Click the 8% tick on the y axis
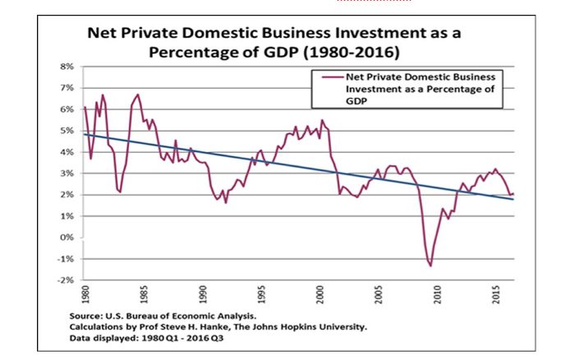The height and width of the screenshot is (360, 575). pos(67,66)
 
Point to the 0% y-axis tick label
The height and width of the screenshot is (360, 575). pos(67,238)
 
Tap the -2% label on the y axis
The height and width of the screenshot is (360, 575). pos(66,281)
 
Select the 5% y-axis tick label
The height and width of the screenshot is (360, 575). pos(67,130)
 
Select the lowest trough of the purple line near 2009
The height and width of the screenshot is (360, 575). pos(430,265)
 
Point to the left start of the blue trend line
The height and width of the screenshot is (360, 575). pos(85,133)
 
